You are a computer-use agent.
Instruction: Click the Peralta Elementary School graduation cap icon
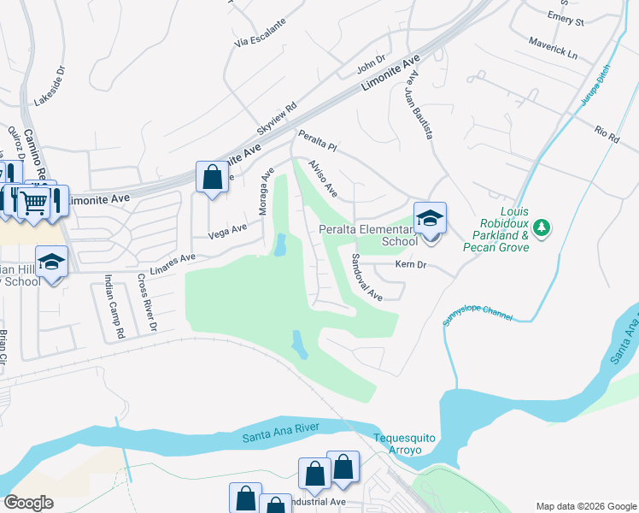[430, 218]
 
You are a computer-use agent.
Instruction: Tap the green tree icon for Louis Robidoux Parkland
[540, 227]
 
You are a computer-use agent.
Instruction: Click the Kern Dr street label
[410, 266]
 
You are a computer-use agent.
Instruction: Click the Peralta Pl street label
[318, 142]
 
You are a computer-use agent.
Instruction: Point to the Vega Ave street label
[227, 230]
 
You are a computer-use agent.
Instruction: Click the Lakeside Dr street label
[49, 86]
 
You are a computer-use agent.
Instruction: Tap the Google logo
[28, 503]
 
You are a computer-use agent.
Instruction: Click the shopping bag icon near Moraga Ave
[211, 178]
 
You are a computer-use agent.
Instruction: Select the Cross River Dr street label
[147, 303]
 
